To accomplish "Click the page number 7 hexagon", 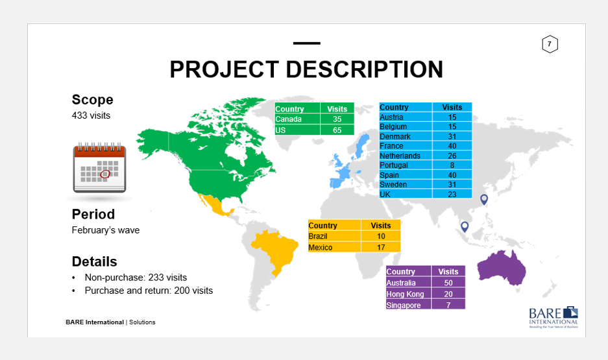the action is pyautogui.click(x=550, y=44).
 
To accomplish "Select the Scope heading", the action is pyautogui.click(x=92, y=100).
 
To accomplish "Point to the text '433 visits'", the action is pyautogui.click(x=91, y=115).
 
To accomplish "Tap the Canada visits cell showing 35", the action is pyautogui.click(x=337, y=119).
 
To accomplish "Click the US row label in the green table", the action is pyautogui.click(x=280, y=130).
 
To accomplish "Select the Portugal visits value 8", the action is pyautogui.click(x=452, y=165).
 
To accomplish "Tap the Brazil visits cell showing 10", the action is pyautogui.click(x=381, y=236).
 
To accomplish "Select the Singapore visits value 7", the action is pyautogui.click(x=448, y=305).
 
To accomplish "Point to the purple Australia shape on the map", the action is pyautogui.click(x=501, y=268).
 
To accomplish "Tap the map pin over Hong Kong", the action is pyautogui.click(x=484, y=200).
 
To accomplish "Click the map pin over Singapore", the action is pyautogui.click(x=465, y=226).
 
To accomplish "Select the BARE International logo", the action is pyautogui.click(x=553, y=317).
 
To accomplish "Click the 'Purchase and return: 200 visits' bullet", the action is pyautogui.click(x=149, y=291).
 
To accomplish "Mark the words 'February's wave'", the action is pyautogui.click(x=106, y=230).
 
